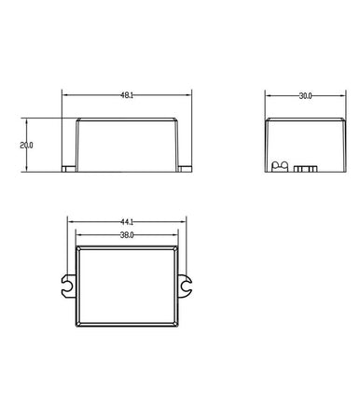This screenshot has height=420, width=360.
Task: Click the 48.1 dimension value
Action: [x=126, y=95]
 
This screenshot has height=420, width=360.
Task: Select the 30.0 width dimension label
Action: [x=303, y=95]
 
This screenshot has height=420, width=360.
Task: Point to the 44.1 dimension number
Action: [x=128, y=221]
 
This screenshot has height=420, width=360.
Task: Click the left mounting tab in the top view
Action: [x=66, y=286]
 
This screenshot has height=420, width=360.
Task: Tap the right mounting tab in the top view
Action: [x=187, y=286]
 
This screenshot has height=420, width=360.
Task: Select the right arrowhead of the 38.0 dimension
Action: [x=178, y=235]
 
